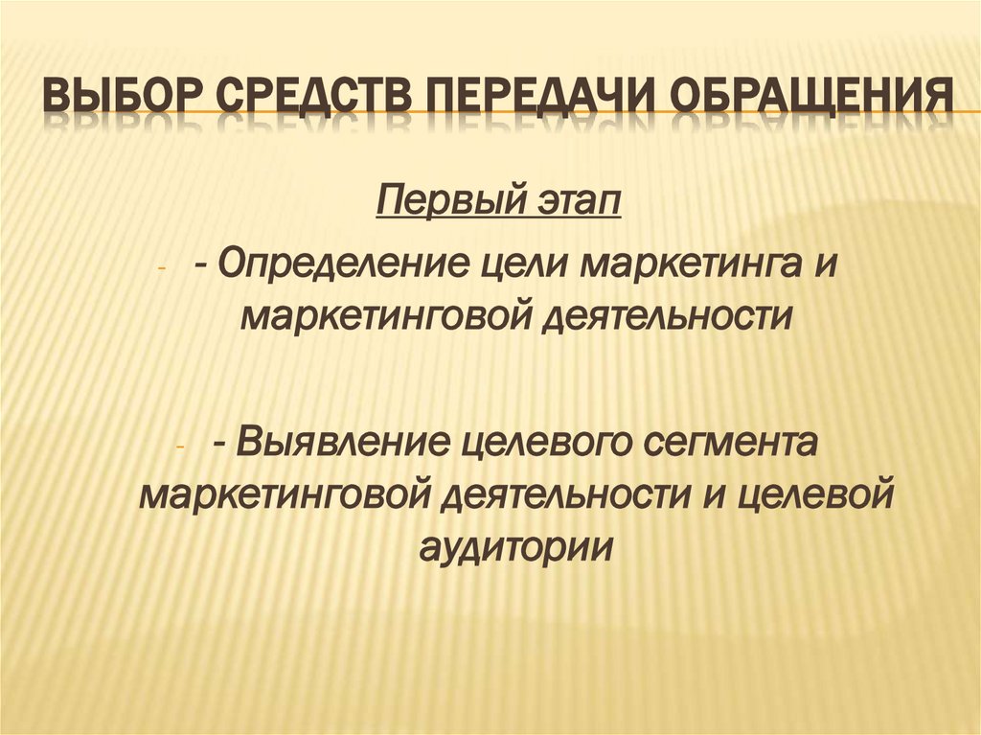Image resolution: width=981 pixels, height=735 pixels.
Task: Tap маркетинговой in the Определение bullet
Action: (383, 315)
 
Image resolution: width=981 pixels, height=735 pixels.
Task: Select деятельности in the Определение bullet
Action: (671, 315)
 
